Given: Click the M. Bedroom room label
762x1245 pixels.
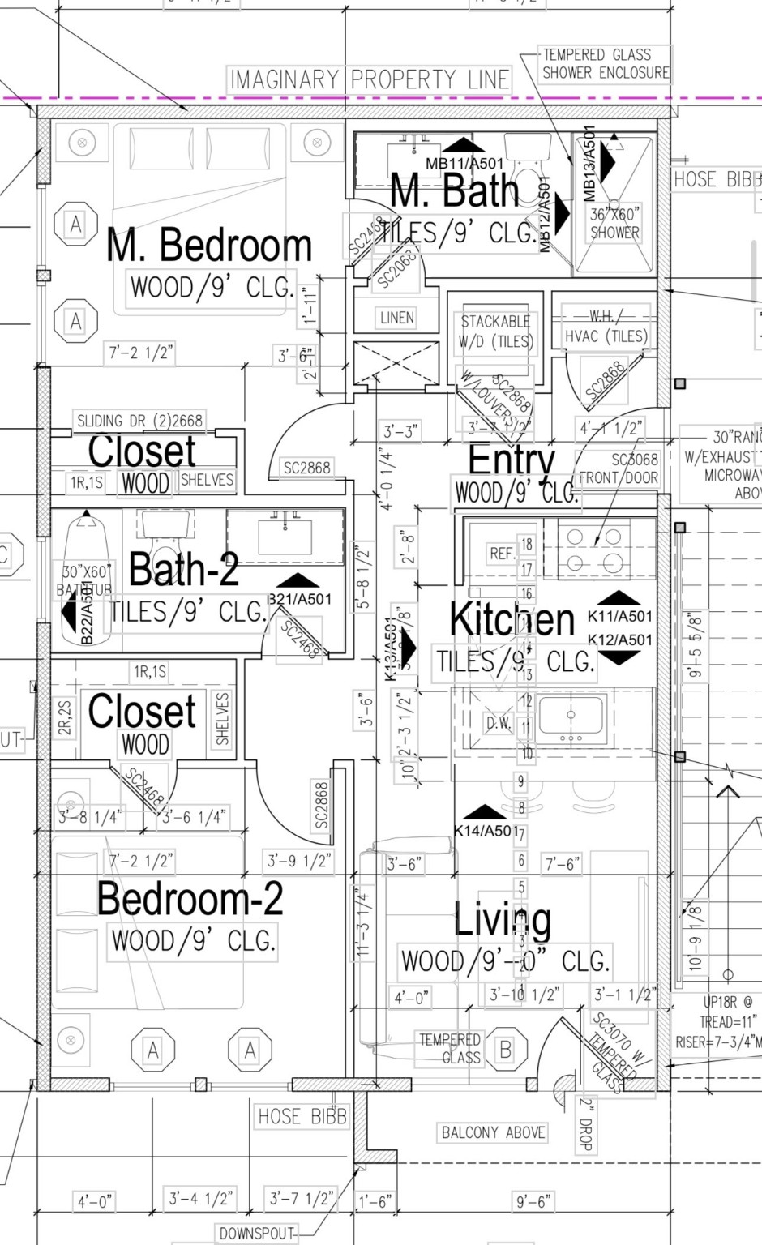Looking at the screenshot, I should [x=209, y=246].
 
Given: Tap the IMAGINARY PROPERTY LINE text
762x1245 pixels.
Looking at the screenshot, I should [x=370, y=79].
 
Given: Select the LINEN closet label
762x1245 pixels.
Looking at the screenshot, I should [x=396, y=318].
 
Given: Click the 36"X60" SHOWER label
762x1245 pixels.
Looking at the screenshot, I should [x=614, y=223].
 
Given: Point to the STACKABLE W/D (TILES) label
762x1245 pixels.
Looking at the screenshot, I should [x=495, y=332].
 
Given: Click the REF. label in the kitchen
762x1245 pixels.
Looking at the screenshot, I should [x=502, y=554].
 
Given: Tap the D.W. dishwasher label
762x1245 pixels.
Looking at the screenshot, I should [x=498, y=723].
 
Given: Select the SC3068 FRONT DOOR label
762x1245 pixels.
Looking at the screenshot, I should [x=619, y=468].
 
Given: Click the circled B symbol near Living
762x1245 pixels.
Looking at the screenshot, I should [x=505, y=1050].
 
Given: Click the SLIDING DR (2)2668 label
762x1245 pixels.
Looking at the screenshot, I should [x=139, y=421].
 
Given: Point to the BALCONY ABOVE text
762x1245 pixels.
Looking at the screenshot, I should [x=493, y=1132].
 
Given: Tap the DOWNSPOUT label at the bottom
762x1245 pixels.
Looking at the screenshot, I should [x=256, y=1234].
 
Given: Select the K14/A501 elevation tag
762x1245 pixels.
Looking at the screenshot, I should [x=485, y=830].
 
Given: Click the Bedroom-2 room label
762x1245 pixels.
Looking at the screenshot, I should [x=190, y=898].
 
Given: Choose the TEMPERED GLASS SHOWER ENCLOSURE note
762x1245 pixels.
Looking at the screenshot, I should [x=606, y=64].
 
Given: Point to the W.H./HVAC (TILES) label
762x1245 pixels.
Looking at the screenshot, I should [x=606, y=327].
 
